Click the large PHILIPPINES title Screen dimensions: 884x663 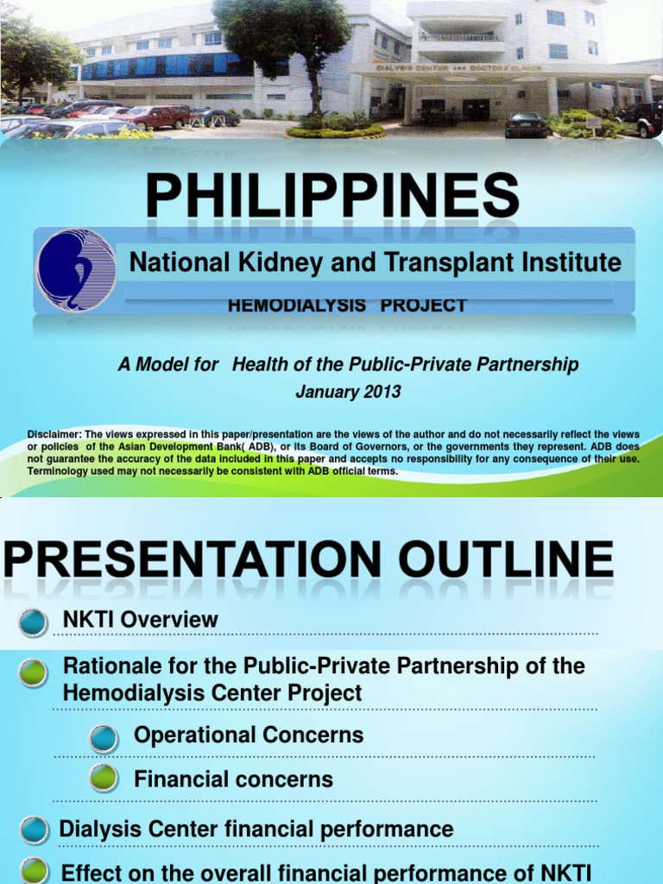(333, 196)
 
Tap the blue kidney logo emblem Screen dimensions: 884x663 (75, 269)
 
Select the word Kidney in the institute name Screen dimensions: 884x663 (284, 262)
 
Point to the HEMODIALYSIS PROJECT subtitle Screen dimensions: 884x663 (347, 306)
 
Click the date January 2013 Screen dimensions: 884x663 (348, 391)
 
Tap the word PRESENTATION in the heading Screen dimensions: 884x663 (192, 560)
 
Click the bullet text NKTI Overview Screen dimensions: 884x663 (141, 619)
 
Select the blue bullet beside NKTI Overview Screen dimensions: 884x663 (33, 621)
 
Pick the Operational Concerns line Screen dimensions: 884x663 (249, 736)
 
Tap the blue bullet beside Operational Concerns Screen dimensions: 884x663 (104, 737)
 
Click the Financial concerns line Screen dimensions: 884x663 (233, 779)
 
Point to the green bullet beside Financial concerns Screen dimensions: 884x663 (104, 779)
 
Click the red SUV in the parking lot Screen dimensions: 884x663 (155, 117)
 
